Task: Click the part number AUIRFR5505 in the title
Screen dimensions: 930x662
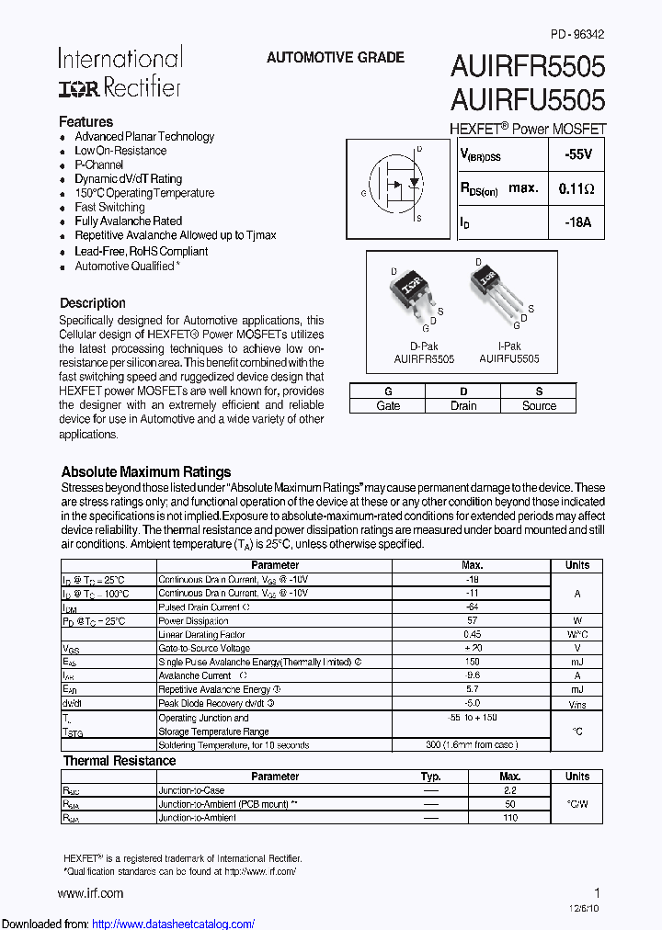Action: tap(527, 67)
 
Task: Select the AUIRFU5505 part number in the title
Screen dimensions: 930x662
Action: tap(527, 99)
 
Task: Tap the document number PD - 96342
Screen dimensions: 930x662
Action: tap(577, 34)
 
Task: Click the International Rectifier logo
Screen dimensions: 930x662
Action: tap(120, 72)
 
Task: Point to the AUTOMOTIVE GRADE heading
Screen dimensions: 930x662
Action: tap(335, 57)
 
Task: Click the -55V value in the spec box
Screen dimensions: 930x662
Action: tap(578, 155)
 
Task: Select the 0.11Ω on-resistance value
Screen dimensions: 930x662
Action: tap(576, 188)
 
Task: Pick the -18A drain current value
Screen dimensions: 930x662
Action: tap(578, 221)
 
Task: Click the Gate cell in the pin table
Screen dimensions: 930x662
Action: tap(388, 405)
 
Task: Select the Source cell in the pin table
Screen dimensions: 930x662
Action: tap(539, 405)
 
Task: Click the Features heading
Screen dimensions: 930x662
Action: tap(86, 121)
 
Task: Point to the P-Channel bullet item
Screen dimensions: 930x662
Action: tap(98, 164)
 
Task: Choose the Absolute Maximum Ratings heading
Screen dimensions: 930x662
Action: tap(145, 471)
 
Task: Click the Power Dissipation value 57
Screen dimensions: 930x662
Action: tap(472, 621)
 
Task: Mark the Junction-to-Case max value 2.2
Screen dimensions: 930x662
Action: tap(509, 790)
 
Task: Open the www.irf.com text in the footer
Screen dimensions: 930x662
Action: tap(90, 892)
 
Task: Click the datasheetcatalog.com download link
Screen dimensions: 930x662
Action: tap(174, 924)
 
